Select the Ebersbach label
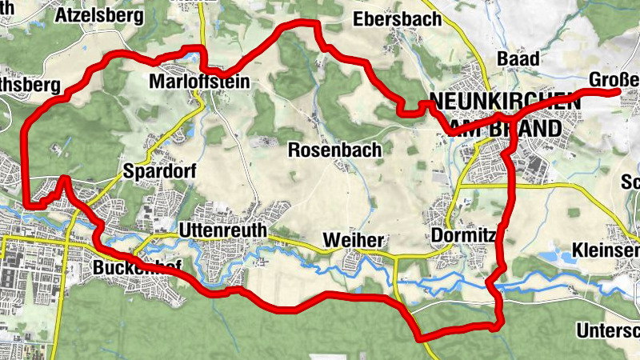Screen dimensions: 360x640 (398, 20)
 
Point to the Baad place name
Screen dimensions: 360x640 (518, 58)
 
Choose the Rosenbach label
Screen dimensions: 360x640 (334, 150)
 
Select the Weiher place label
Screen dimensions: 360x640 (354, 241)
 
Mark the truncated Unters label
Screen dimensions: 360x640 (608, 330)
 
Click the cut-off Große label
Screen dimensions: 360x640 (614, 80)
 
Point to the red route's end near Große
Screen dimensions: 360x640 (617, 93)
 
